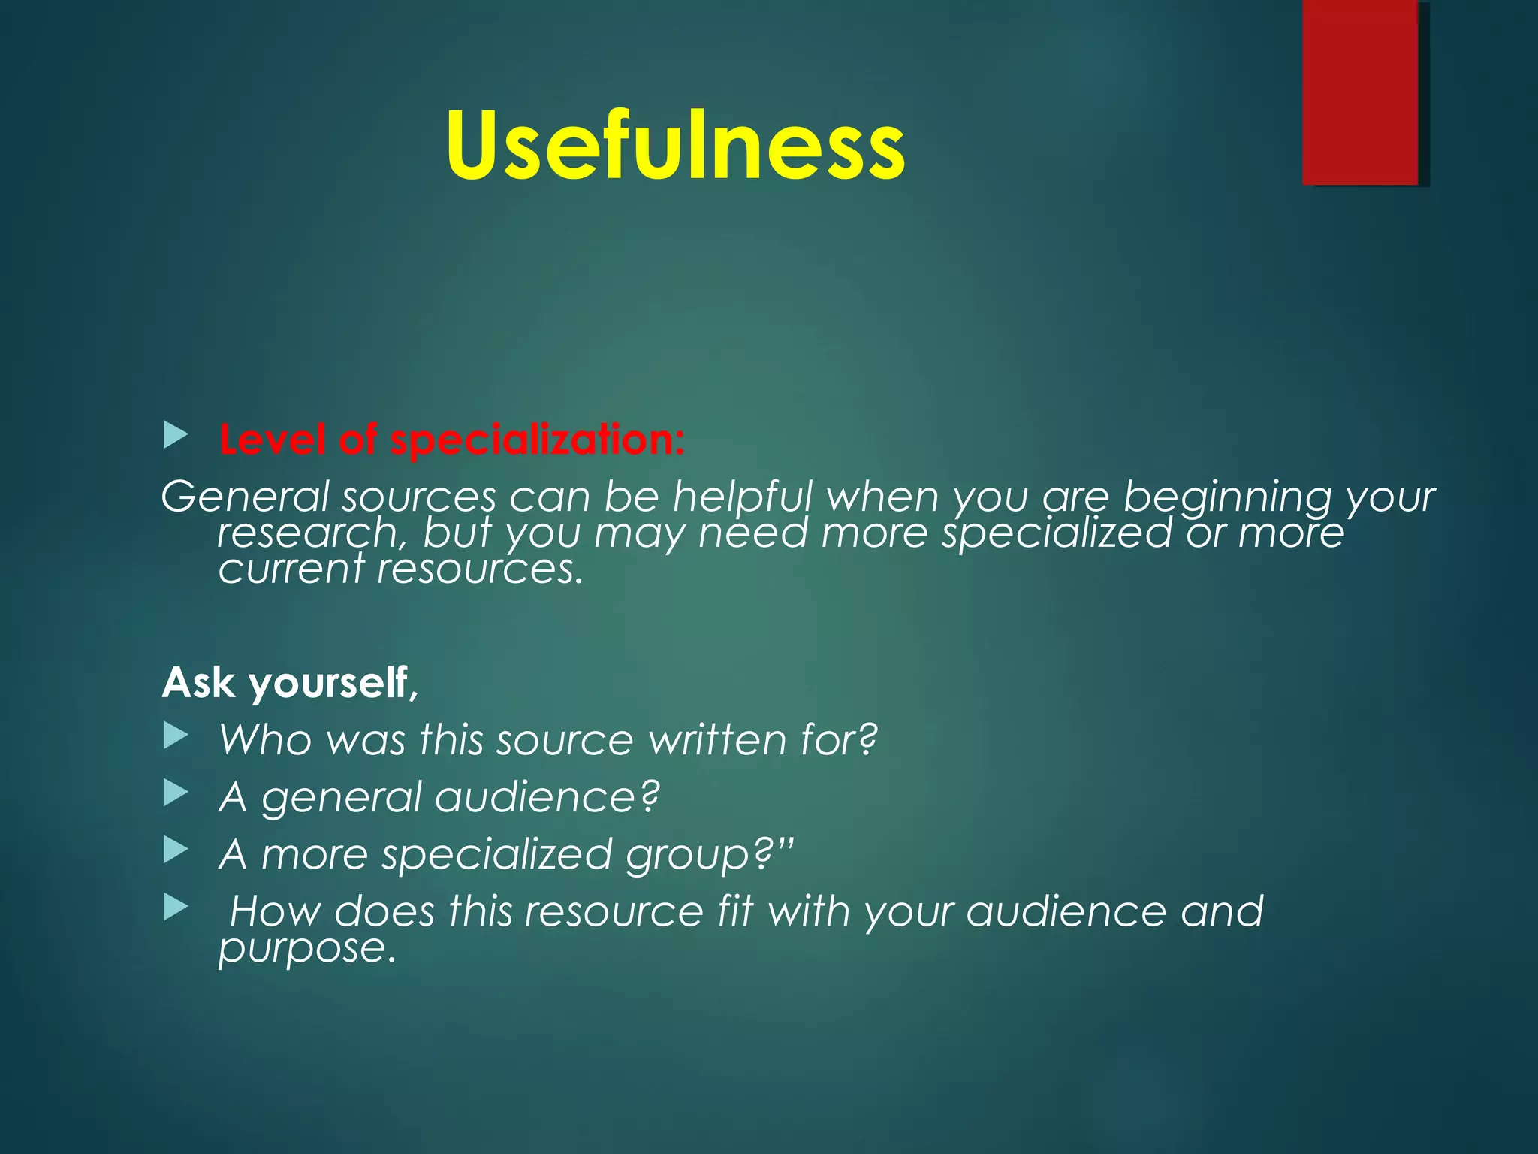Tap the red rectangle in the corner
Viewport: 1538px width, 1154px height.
click(x=1360, y=92)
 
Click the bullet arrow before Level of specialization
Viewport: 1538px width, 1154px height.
click(x=175, y=435)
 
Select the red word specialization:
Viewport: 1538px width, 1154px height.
click(x=538, y=440)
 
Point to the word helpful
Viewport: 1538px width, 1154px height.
click(x=742, y=498)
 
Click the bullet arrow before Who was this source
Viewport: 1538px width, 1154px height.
click(x=175, y=736)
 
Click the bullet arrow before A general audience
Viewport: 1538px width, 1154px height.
click(x=175, y=793)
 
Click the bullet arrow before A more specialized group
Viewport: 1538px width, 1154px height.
click(x=175, y=850)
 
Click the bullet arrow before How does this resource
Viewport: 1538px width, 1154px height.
click(x=175, y=907)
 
